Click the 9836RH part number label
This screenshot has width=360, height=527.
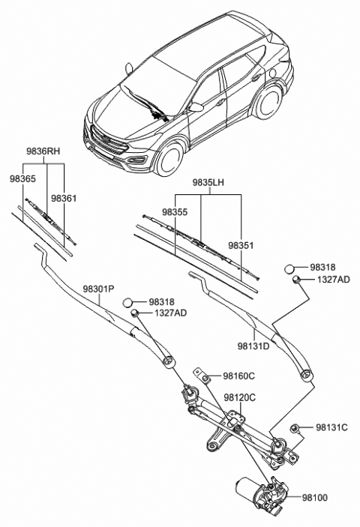click(45, 151)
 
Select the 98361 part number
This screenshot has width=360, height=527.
click(64, 198)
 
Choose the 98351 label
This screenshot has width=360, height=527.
click(241, 244)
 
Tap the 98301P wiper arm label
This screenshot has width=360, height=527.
click(98, 289)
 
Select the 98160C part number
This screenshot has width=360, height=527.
click(239, 376)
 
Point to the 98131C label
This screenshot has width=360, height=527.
click(330, 427)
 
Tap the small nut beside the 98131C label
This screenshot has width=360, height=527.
click(295, 428)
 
